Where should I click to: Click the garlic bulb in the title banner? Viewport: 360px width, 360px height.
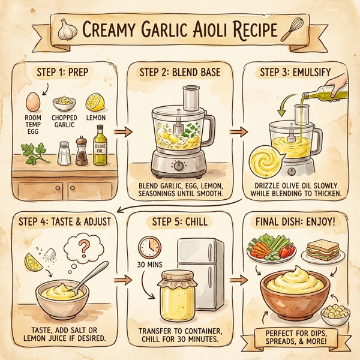(x=67, y=28)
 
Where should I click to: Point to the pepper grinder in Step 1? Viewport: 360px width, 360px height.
(x=81, y=151)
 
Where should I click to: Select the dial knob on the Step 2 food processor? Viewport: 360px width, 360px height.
(x=178, y=165)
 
